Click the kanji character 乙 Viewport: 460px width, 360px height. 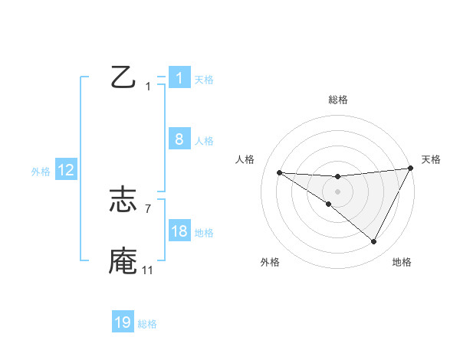point(123,77)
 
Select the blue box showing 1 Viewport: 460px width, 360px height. point(179,77)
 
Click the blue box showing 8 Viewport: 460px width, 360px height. point(179,139)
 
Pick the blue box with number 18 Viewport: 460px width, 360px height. point(179,231)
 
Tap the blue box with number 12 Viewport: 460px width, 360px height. point(66,170)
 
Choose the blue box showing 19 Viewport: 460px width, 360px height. point(123,322)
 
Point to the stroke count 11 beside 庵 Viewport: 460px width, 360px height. point(147,270)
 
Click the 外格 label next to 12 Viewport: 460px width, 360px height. point(41,172)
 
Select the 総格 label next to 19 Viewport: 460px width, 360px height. point(147,324)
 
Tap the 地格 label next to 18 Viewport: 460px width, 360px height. point(204,233)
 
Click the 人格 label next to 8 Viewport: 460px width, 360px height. point(204,141)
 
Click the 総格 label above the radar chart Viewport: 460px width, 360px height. point(337,100)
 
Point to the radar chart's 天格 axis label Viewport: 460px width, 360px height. point(431,159)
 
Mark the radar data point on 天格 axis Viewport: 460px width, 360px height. point(411,169)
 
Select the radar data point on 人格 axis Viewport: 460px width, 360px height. point(280,172)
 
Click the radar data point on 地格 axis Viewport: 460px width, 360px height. point(374,242)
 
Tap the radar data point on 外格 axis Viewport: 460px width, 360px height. point(329,205)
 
